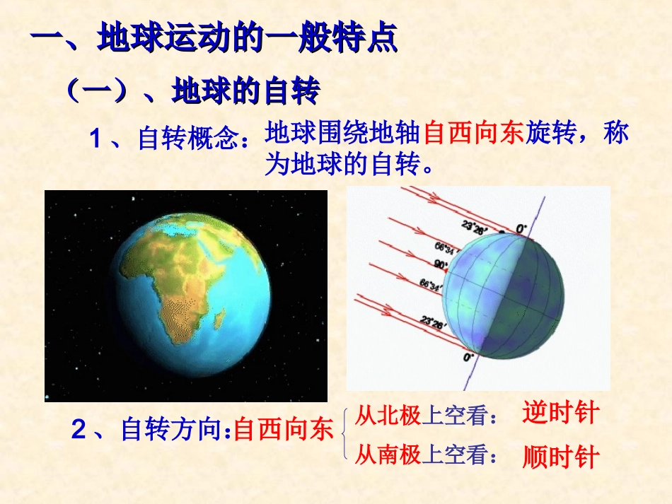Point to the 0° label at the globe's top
[x=521, y=228]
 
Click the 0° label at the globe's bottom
[x=468, y=358]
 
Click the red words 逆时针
[x=560, y=413]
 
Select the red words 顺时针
[x=560, y=457]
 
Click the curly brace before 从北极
[x=344, y=434]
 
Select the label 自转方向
[x=172, y=430]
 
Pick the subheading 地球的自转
[x=245, y=91]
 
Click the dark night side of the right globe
[x=538, y=297]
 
